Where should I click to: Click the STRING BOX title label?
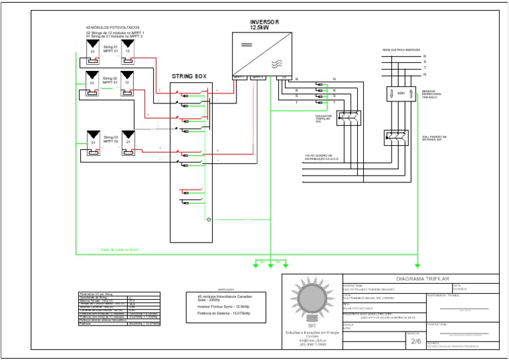click(x=190, y=77)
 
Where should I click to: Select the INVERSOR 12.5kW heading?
click(x=264, y=25)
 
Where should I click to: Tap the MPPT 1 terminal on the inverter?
click(x=239, y=77)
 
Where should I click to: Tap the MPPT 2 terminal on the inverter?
click(x=258, y=77)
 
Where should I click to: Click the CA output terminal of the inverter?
click(x=284, y=77)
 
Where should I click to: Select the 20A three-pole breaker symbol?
click(x=347, y=118)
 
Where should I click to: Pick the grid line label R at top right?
click(x=425, y=56)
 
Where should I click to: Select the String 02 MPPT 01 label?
click(x=110, y=80)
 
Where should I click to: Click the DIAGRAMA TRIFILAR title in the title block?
click(x=422, y=280)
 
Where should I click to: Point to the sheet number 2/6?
click(x=416, y=341)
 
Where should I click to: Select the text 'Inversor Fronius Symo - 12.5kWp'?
click(x=219, y=307)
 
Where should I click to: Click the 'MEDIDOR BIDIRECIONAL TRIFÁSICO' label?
click(x=433, y=94)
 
